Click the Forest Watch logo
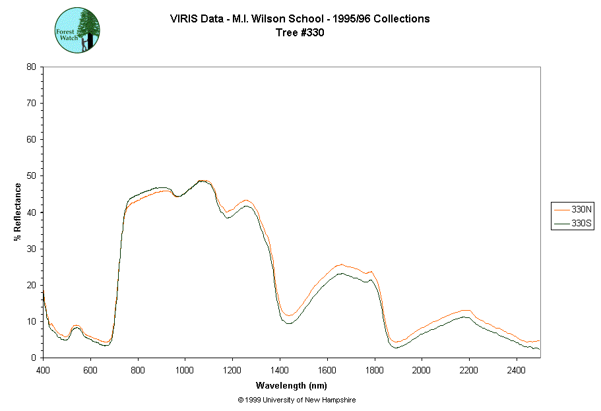[x=77, y=30]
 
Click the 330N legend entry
[x=573, y=209]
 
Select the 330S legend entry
[x=573, y=224]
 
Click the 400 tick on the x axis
[x=43, y=358]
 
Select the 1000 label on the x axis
[x=185, y=370]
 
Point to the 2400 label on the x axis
[x=517, y=370]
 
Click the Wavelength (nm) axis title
[x=292, y=386]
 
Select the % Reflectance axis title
[x=18, y=212]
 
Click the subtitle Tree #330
[x=300, y=32]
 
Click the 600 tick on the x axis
[x=90, y=358]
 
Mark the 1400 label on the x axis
[x=280, y=370]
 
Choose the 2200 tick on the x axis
[x=469, y=358]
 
